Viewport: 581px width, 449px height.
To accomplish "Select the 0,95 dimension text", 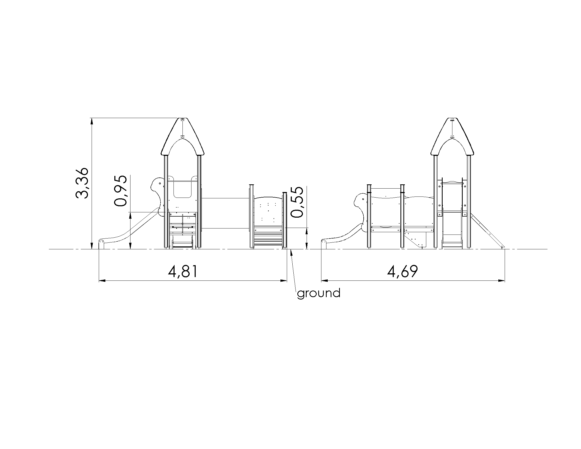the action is point(120,191).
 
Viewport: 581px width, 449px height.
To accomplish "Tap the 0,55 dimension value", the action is point(297,202).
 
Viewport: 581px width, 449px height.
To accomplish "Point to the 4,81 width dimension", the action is point(183,272).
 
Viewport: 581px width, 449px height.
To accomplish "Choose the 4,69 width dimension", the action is point(402,272).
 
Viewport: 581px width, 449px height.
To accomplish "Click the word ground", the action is point(319,294).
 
